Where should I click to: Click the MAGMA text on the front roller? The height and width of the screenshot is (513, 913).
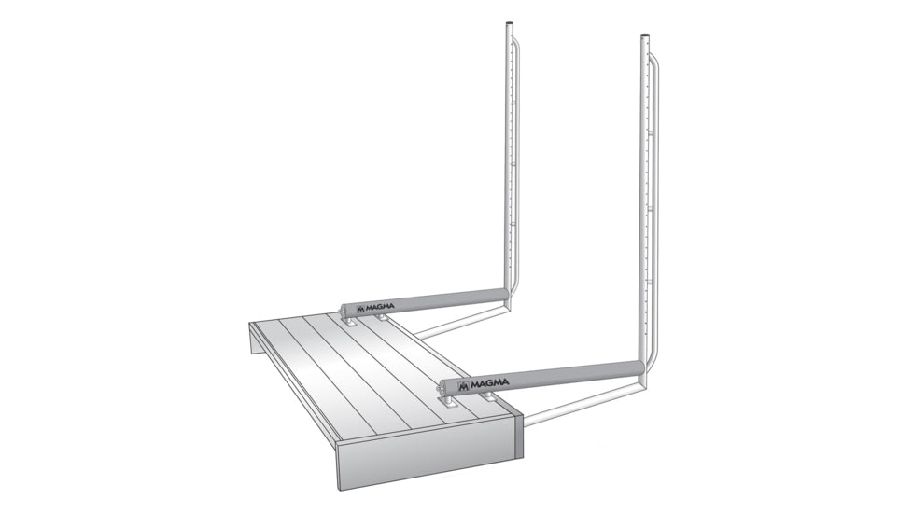pos(490,382)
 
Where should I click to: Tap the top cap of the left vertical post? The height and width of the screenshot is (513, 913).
pos(510,26)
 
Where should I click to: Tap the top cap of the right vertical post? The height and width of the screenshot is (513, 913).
pos(645,37)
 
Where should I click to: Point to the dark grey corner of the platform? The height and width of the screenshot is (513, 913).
pos(518,435)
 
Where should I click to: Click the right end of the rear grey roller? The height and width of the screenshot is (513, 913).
pos(505,295)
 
